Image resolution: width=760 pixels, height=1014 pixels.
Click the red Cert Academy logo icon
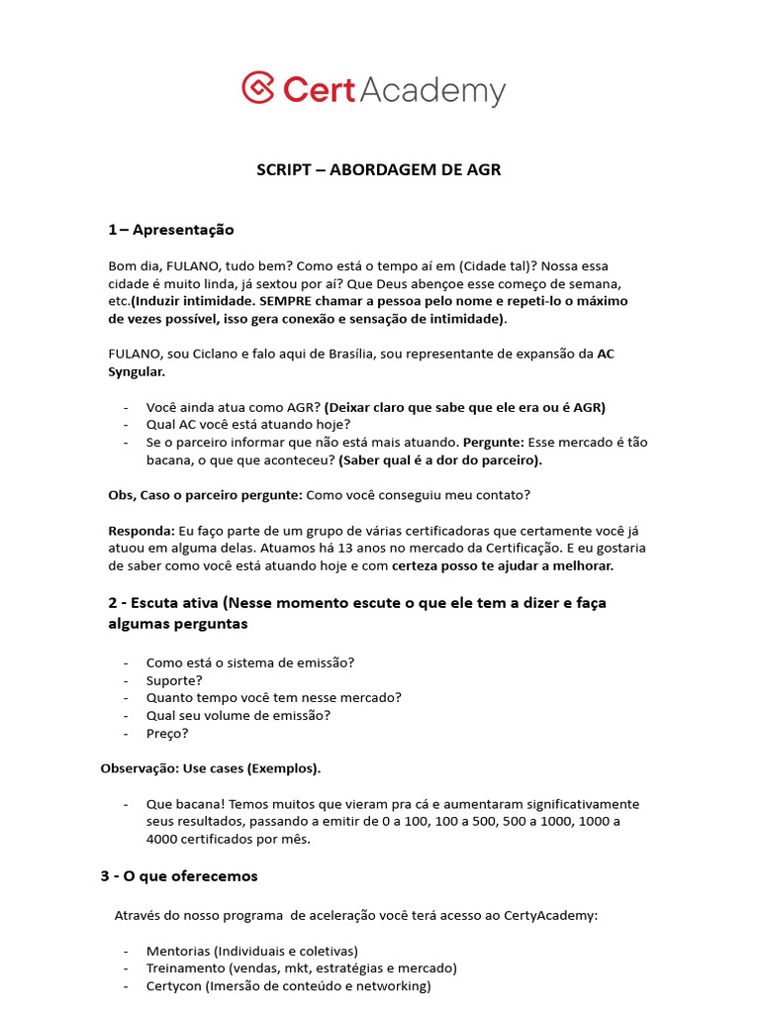pyautogui.click(x=258, y=87)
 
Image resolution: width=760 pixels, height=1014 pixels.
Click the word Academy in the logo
pyautogui.click(x=431, y=90)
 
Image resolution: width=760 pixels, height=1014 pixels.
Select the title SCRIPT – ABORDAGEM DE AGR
pyautogui.click(x=379, y=169)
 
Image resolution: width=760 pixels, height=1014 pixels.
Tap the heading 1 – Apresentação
pyautogui.click(x=171, y=230)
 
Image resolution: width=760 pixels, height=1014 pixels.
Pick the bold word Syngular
pyautogui.click(x=137, y=372)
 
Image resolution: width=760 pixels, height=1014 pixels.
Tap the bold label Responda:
pyautogui.click(x=141, y=531)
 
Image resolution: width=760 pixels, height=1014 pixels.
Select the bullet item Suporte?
pyautogui.click(x=174, y=680)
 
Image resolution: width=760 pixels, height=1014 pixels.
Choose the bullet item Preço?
pyautogui.click(x=167, y=734)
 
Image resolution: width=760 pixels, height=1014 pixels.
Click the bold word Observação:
pyautogui.click(x=140, y=768)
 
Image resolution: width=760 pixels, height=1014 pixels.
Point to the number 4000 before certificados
pyautogui.click(x=163, y=840)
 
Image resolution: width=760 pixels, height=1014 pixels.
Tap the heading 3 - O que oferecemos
pyautogui.click(x=178, y=876)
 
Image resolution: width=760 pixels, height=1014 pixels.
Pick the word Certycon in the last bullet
pyautogui.click(x=174, y=986)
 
